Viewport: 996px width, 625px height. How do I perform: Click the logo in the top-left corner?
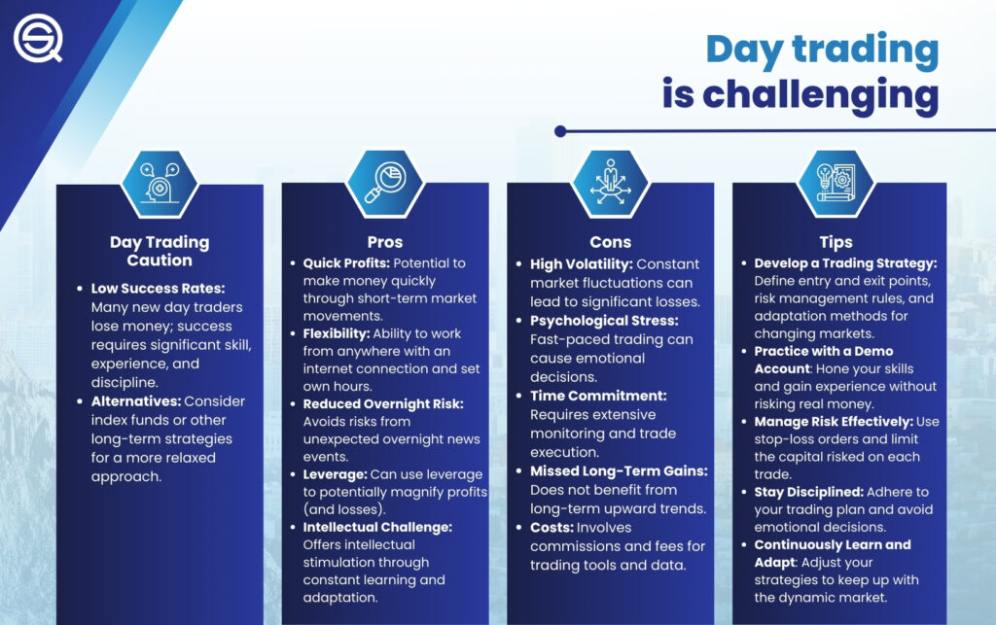[37, 38]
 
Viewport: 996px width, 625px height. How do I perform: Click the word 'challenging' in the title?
[800, 95]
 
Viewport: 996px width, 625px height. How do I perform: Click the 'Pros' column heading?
[385, 242]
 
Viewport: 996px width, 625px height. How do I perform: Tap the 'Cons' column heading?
[610, 242]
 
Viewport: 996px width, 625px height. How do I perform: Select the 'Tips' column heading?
[836, 242]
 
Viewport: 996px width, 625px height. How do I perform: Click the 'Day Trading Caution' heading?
[160, 251]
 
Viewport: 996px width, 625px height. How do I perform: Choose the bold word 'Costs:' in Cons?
[553, 527]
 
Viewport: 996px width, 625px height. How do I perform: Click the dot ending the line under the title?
[560, 131]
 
